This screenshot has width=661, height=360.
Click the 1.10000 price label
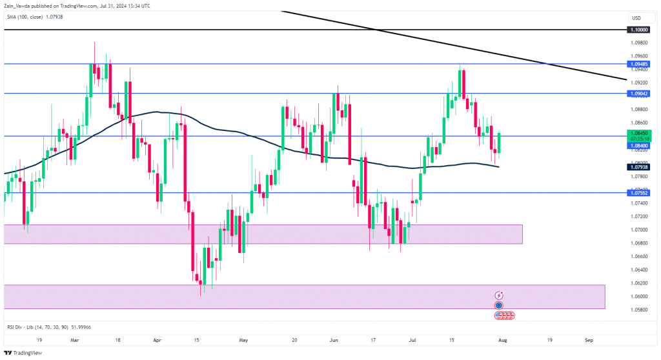click(x=638, y=30)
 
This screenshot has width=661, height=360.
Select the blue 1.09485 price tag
click(x=638, y=64)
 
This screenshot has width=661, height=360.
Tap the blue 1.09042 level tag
click(x=638, y=94)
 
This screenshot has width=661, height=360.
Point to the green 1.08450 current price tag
click(x=638, y=132)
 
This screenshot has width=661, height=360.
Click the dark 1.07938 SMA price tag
click(x=638, y=167)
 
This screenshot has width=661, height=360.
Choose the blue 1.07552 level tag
click(x=638, y=193)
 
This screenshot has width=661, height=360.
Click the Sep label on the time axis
click(x=589, y=339)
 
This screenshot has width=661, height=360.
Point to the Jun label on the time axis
click(x=333, y=339)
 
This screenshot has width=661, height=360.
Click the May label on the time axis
click(x=243, y=339)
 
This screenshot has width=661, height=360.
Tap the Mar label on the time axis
click(x=75, y=339)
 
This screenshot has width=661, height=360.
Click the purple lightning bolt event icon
click(x=499, y=295)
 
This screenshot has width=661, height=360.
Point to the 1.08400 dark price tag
click(x=638, y=146)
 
